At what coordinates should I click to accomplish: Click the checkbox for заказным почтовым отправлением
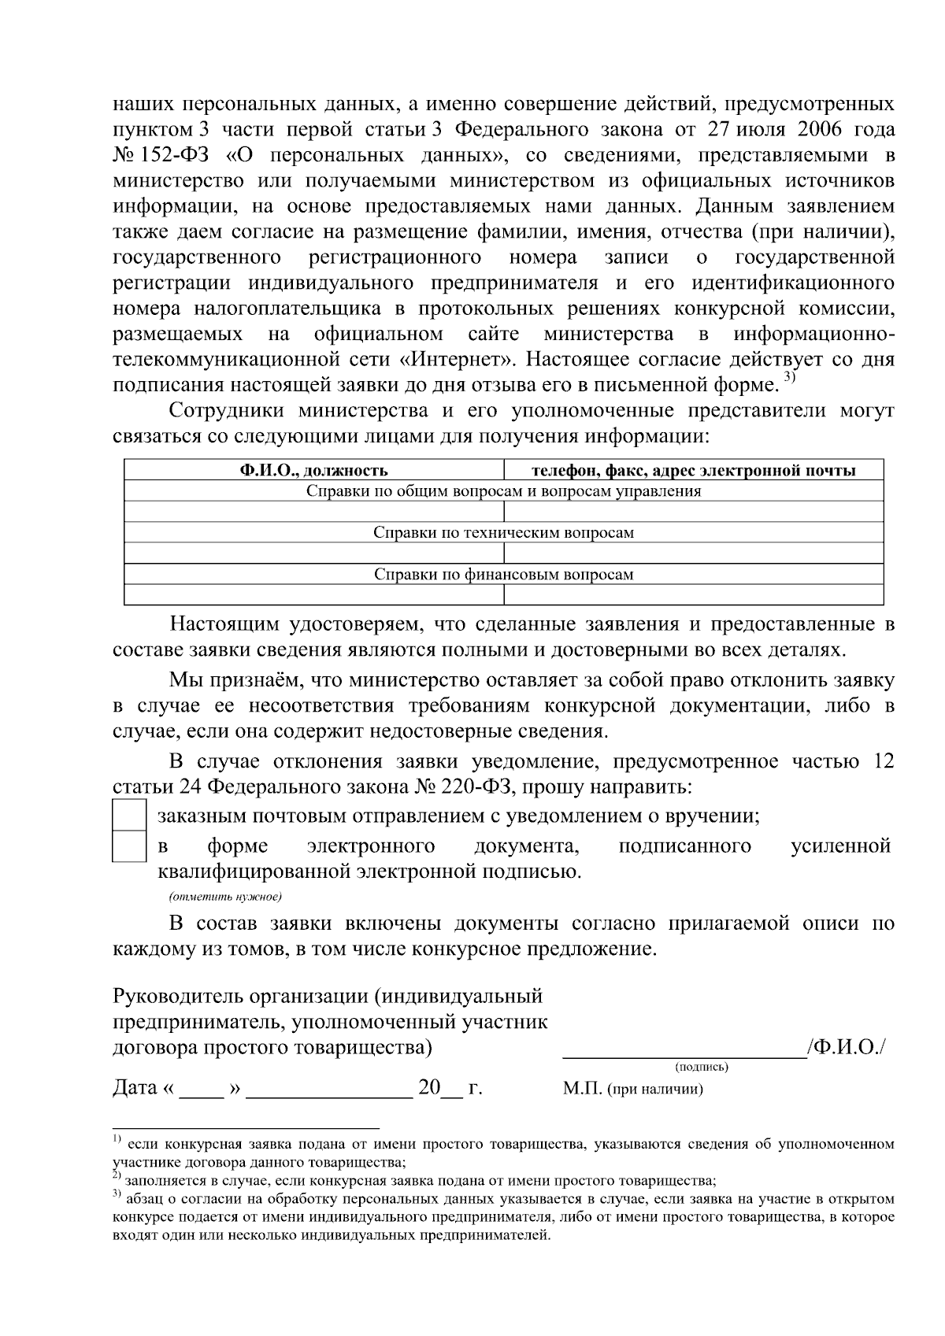129,814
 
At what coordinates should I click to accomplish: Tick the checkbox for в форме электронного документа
129,847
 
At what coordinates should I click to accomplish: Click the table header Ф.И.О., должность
313,471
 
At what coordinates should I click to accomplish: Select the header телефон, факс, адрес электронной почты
693,471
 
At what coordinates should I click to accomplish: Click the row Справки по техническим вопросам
503,533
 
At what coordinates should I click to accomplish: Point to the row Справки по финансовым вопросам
503,574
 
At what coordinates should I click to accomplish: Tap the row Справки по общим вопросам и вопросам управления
503,491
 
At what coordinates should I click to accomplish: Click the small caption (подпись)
702,1068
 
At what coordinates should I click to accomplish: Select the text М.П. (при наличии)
633,1090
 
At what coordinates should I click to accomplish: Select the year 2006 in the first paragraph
818,129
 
